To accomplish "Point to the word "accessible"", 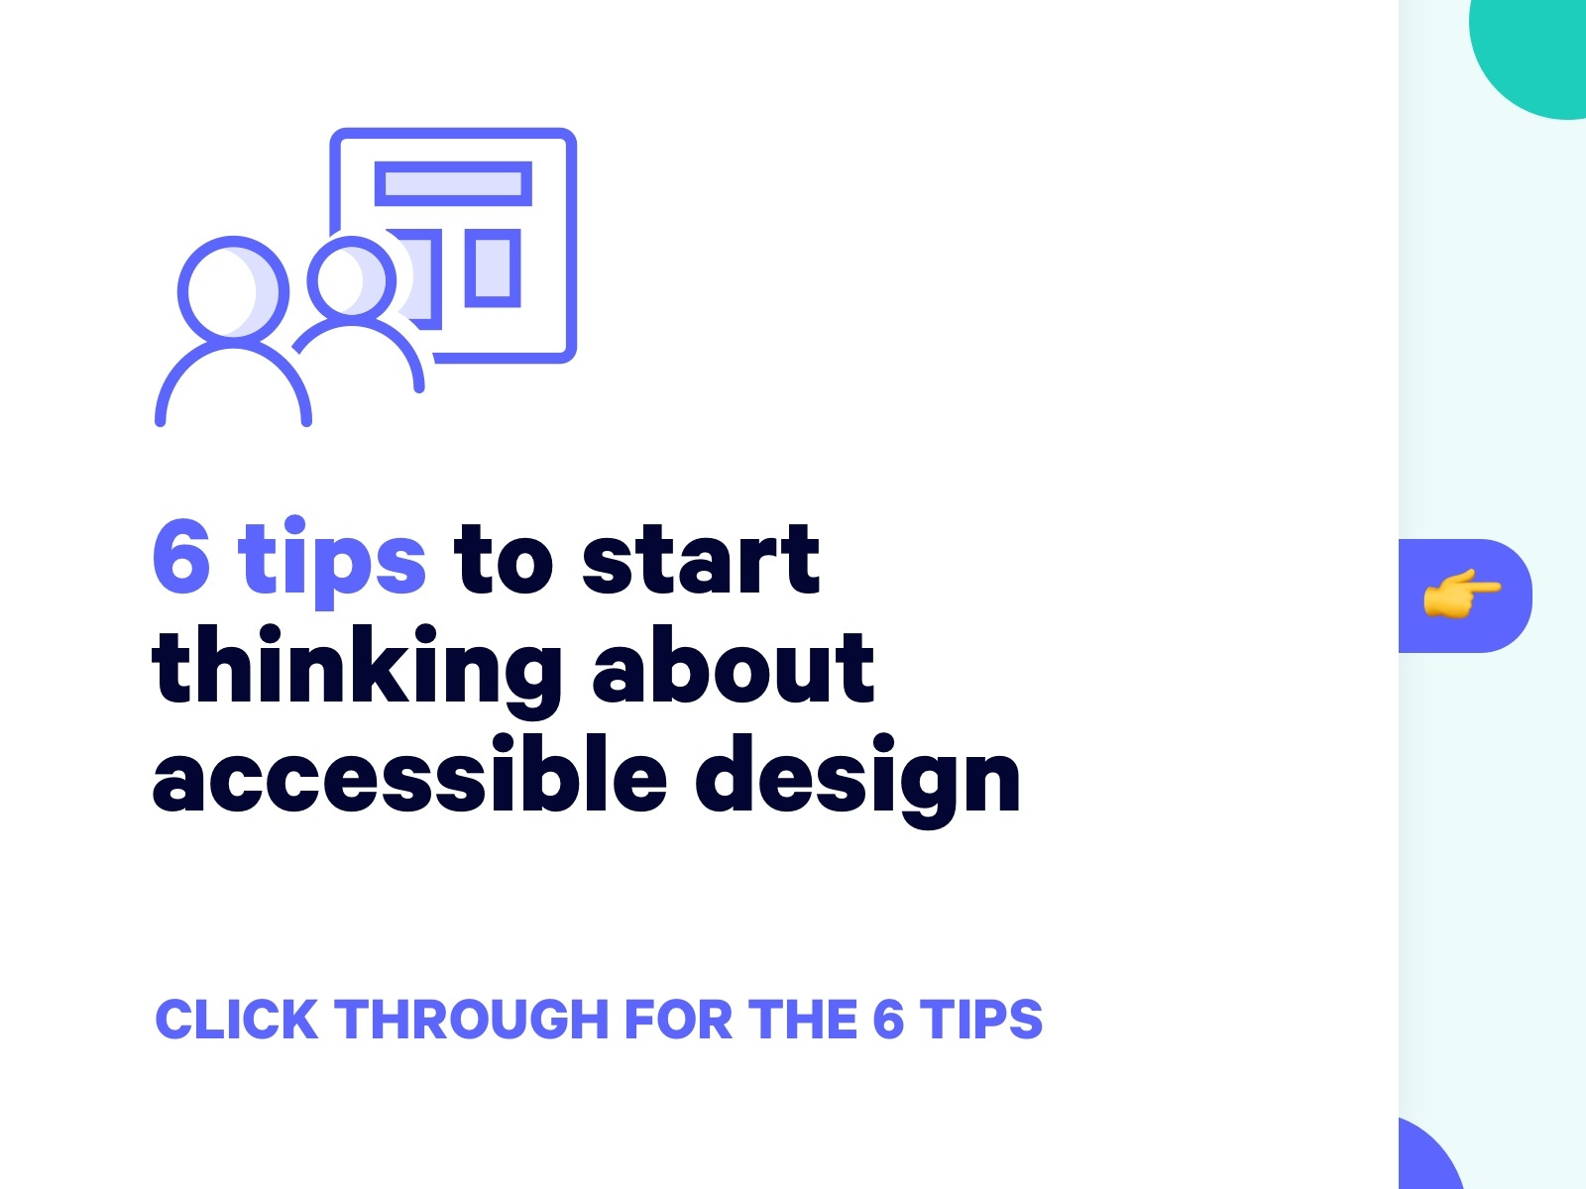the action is click(409, 774).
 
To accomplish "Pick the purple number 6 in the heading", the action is click(182, 558).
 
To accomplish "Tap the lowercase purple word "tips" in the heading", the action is click(332, 563).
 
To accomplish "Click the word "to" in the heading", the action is click(503, 561).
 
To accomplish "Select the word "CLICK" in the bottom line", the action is click(236, 1020).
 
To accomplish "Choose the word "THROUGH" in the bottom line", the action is click(471, 1020).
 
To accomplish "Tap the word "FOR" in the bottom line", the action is click(678, 1020).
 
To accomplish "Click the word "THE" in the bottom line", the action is click(802, 1020).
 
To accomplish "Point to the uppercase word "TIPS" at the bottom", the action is click(981, 1020).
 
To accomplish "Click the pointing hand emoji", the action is click(1462, 594).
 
